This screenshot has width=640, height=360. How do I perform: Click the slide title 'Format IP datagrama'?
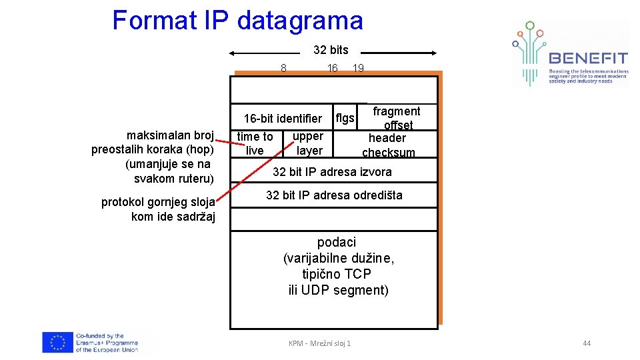point(237,21)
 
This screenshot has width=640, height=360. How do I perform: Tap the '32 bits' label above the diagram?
point(331,50)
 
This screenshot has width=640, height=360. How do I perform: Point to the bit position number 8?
point(283,67)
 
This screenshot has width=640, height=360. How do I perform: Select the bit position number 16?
point(332,67)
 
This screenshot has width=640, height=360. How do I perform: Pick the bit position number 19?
point(358,67)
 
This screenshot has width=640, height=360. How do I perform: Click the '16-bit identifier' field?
point(283,119)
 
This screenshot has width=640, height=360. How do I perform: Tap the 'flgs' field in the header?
point(345,118)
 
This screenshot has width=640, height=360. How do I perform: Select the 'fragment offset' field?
point(397,118)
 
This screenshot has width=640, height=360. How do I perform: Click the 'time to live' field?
point(255,143)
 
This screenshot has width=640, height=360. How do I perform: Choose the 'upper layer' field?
point(308,143)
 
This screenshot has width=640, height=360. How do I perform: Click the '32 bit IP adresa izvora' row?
point(333,172)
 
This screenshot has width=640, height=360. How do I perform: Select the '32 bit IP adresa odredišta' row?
point(334,195)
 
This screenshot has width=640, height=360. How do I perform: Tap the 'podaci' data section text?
point(337,266)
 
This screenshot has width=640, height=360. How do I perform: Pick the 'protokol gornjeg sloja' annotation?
point(158,209)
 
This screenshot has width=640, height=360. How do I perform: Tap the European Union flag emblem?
point(57,343)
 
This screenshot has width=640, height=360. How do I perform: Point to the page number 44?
point(587,343)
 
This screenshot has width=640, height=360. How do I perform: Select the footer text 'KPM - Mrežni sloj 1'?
point(319,343)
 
